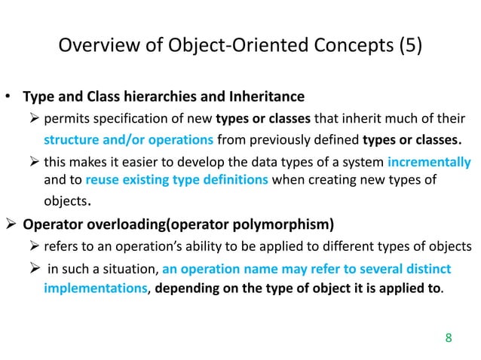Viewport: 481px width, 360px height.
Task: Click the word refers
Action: pyautogui.click(x=63, y=246)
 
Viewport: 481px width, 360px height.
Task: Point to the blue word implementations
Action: pyautogui.click(x=93, y=288)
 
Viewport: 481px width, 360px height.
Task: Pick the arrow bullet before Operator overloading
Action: pyautogui.click(x=11, y=224)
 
